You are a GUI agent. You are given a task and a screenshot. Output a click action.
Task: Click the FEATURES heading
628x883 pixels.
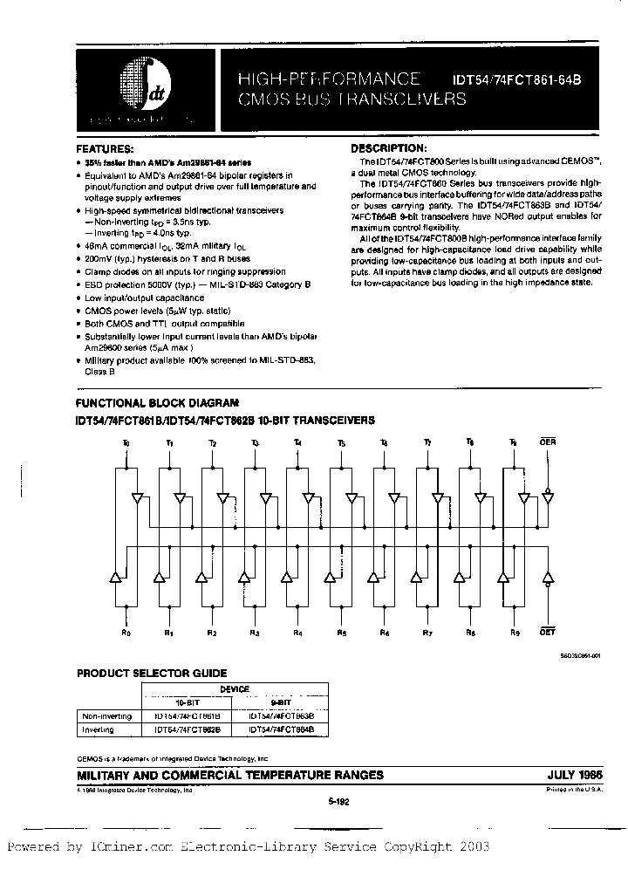coord(104,149)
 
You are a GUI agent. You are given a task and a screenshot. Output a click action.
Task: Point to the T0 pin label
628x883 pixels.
coord(126,443)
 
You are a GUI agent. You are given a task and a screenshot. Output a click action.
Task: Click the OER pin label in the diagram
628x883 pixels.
coord(548,442)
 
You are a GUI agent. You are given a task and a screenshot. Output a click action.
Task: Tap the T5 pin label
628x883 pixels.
coord(340,443)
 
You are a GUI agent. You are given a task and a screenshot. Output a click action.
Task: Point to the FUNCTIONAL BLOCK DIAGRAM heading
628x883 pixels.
coord(157,403)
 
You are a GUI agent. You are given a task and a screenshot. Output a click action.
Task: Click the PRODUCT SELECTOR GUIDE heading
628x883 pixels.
coord(152,673)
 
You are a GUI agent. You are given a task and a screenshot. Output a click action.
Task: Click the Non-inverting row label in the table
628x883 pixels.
coord(104,715)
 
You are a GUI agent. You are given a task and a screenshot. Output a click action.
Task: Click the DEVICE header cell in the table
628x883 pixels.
coord(235,688)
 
